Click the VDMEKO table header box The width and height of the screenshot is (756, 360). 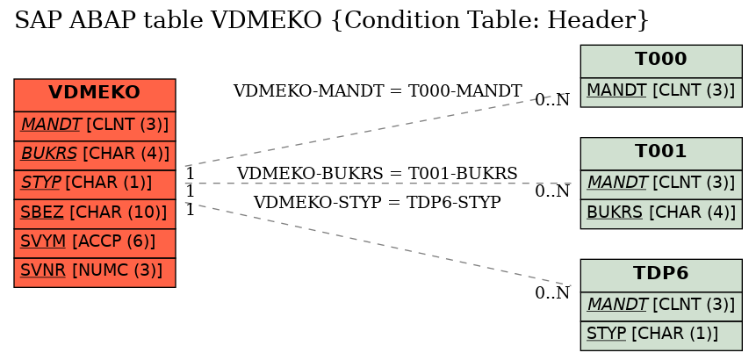click(95, 95)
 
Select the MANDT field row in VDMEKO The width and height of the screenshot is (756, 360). click(95, 126)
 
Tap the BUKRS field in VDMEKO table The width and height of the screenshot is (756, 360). click(95, 155)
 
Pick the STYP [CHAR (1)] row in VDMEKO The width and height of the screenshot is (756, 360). click(95, 184)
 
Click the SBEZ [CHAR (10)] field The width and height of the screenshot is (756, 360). click(95, 214)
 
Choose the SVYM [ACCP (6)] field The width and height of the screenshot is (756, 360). click(95, 243)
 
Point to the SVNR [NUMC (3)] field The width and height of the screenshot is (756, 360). click(95, 273)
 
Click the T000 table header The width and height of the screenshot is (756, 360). click(661, 61)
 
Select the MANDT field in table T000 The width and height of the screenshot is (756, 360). click(661, 92)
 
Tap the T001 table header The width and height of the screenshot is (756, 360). click(661, 154)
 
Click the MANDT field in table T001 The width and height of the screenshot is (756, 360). click(661, 184)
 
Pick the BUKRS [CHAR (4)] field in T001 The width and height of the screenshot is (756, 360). click(661, 213)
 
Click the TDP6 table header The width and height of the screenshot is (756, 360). click(661, 275)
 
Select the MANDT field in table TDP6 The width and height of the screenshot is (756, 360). click(661, 306)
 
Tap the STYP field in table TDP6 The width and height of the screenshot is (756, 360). click(661, 335)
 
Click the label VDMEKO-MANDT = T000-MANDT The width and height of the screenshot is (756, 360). click(378, 90)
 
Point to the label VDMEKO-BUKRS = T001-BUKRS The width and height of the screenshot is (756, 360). click(378, 174)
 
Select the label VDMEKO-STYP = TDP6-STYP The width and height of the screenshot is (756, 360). click(378, 203)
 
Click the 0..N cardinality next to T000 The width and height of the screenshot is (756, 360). click(552, 100)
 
